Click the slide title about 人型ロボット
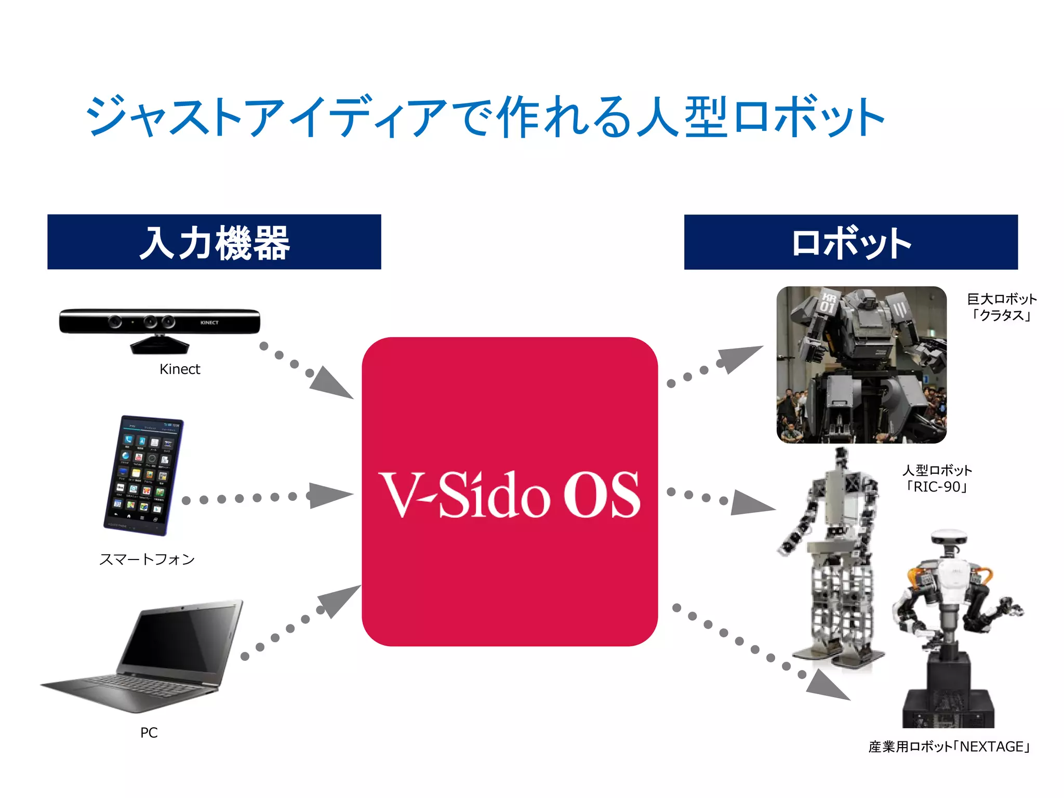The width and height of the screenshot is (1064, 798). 485,116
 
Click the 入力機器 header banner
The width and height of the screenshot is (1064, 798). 214,242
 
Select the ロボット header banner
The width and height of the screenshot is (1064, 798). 850,242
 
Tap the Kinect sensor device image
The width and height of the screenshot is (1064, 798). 159,327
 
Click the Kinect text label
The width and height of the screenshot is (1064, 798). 180,369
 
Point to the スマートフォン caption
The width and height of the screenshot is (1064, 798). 147,560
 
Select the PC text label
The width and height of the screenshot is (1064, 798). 149,733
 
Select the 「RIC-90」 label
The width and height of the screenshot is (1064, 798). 936,487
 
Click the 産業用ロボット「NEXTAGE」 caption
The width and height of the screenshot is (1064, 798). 949,747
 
